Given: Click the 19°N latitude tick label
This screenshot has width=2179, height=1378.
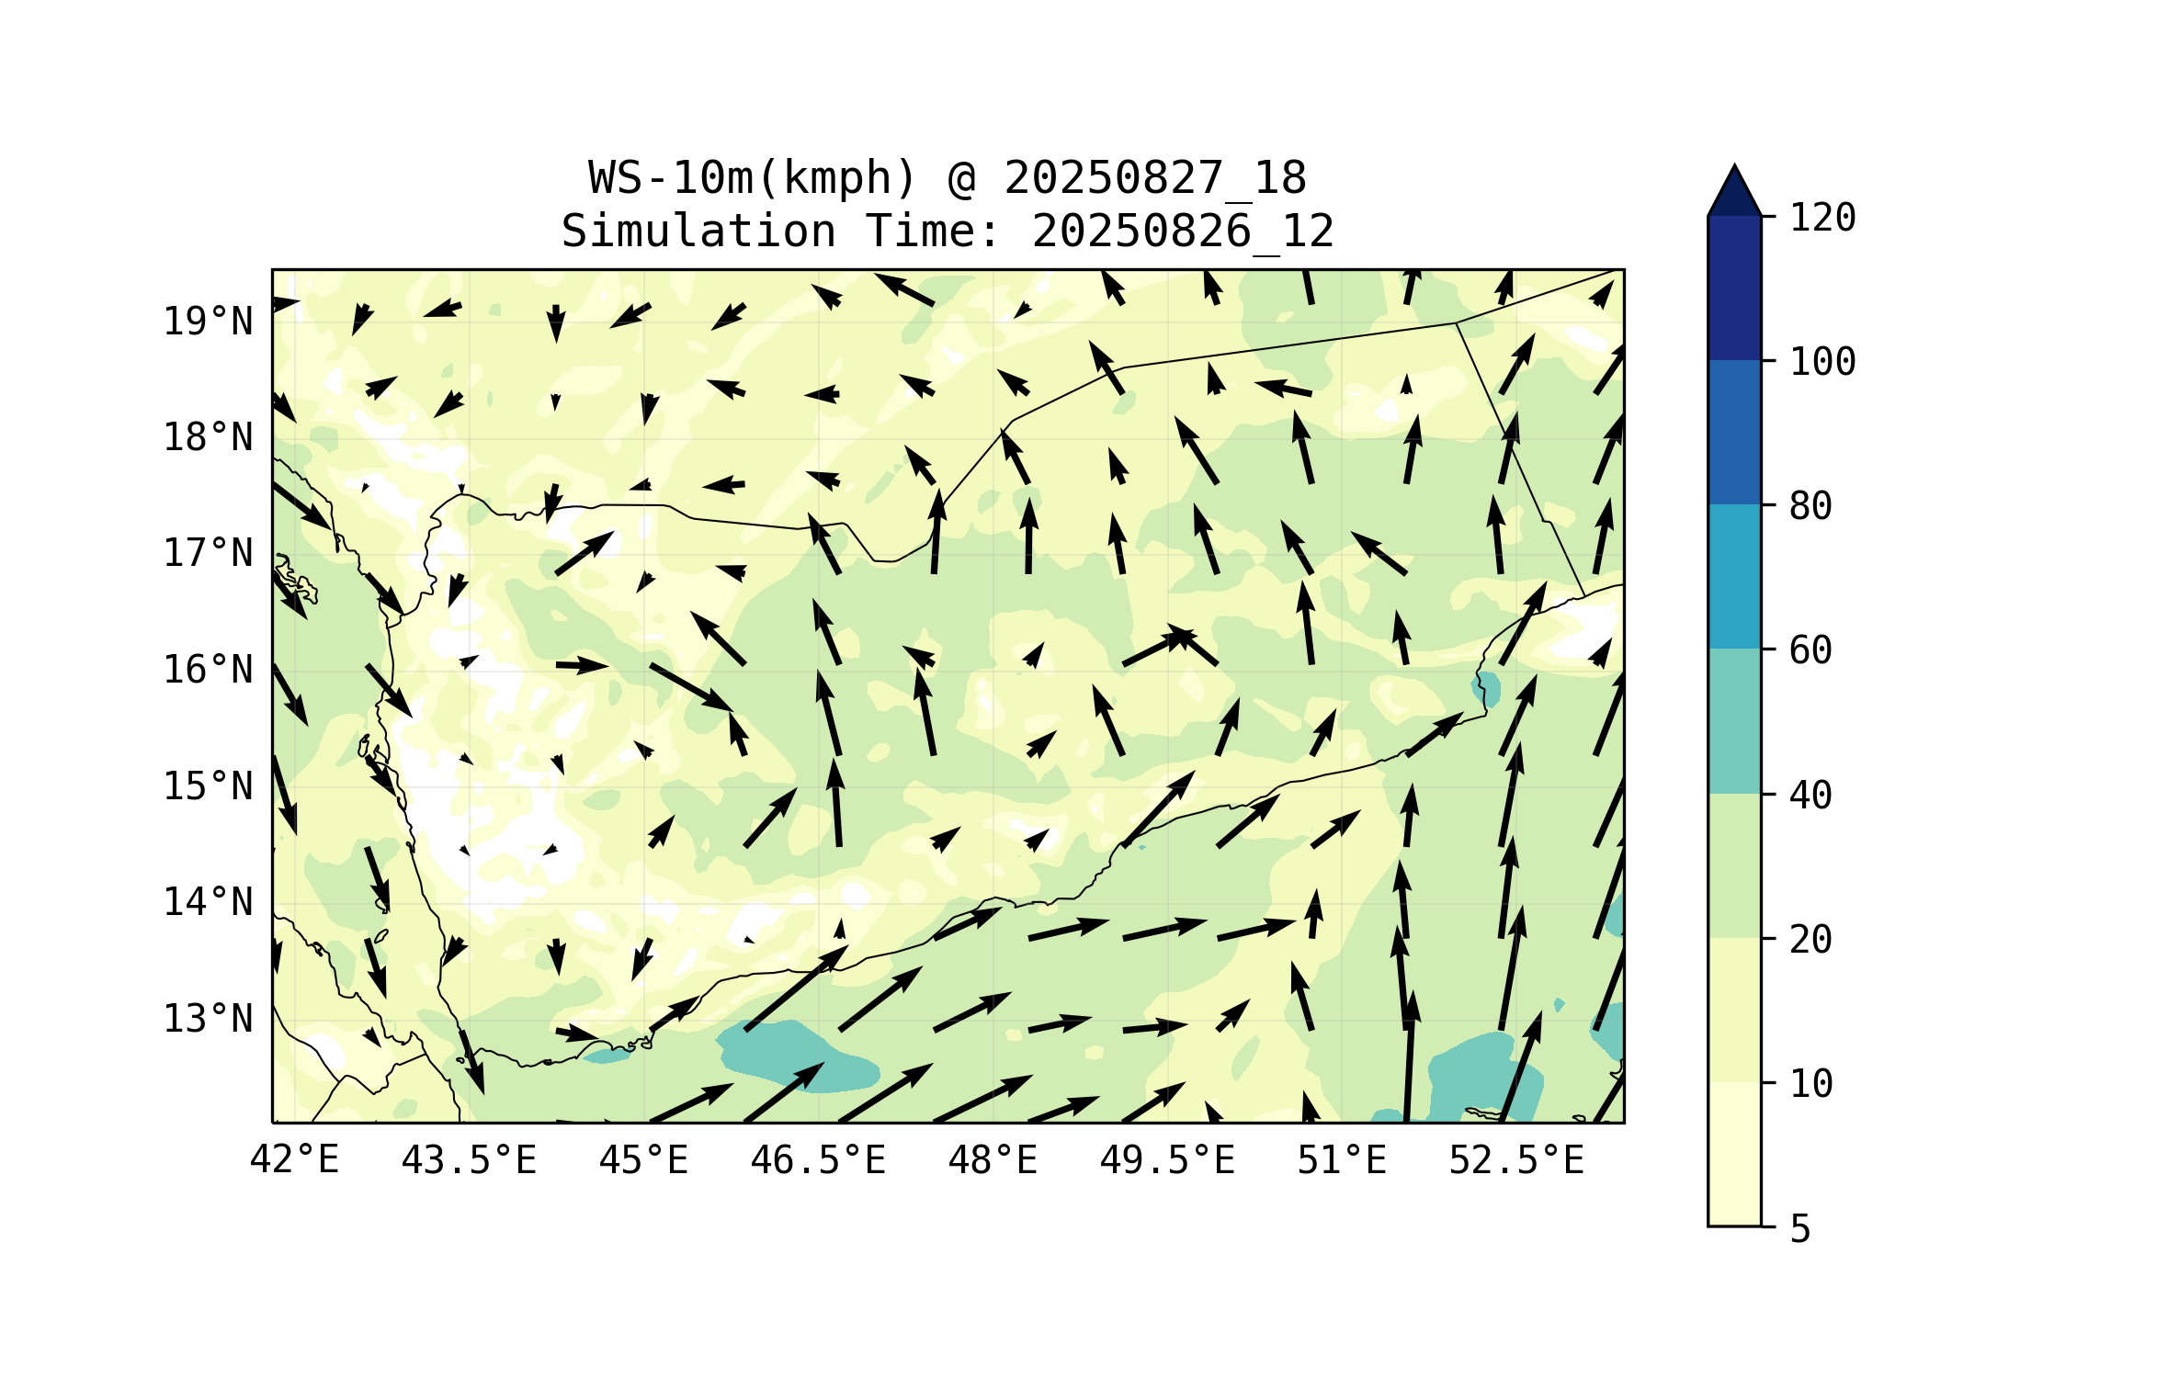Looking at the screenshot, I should tap(208, 322).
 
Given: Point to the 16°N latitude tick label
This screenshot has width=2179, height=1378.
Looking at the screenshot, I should tap(208, 670).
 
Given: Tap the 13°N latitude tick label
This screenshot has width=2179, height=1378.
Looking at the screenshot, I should tap(208, 1019).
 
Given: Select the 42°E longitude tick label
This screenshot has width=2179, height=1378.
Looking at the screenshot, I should tap(294, 1160).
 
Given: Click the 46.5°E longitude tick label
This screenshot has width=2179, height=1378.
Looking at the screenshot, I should tap(818, 1160).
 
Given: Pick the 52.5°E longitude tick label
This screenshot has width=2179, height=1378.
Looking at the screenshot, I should tap(1516, 1160).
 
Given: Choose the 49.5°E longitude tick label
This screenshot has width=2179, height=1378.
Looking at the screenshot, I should tap(1167, 1160).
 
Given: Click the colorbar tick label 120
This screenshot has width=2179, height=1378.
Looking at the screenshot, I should tap(1822, 218).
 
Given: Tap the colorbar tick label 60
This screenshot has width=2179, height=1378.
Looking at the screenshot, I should tap(1810, 650).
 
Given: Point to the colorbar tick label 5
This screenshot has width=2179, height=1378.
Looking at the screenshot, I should tap(1800, 1229).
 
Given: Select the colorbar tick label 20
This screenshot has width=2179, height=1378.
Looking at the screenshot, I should tap(1810, 939).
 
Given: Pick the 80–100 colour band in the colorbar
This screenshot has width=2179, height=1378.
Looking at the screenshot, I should tap(1734, 432).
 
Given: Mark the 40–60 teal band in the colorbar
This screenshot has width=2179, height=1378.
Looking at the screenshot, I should tap(1734, 720).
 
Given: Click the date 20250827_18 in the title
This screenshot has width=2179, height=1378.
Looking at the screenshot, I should tap(1155, 178).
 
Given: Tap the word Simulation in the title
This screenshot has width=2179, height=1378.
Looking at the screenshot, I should tap(698, 232).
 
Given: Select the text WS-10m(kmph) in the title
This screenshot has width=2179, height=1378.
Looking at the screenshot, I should tap(753, 178).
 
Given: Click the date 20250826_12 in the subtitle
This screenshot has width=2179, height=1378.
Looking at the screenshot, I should tap(1183, 232).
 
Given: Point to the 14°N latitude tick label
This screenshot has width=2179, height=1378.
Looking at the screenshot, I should tap(208, 902).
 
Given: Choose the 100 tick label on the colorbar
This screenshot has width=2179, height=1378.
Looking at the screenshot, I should tap(1822, 362).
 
